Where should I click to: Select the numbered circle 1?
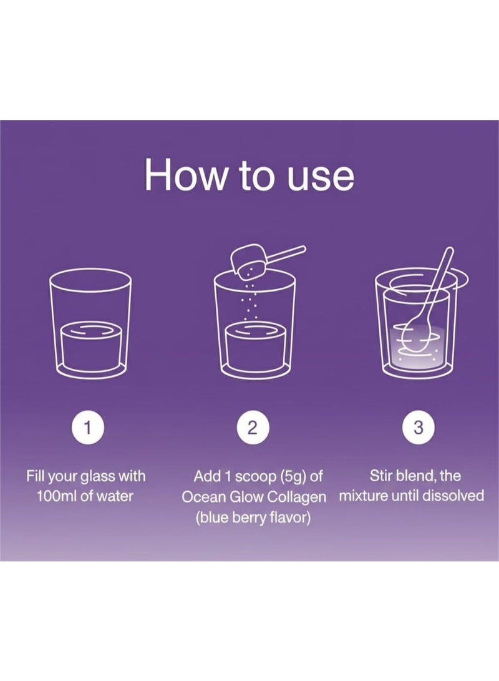pos(87,428)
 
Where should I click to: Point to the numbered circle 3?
pos(418,428)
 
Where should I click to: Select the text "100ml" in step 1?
pos(57,496)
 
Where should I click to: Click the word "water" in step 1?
pos(115,496)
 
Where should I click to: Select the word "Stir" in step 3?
pos(379,476)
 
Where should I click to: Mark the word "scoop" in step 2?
pos(256,477)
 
